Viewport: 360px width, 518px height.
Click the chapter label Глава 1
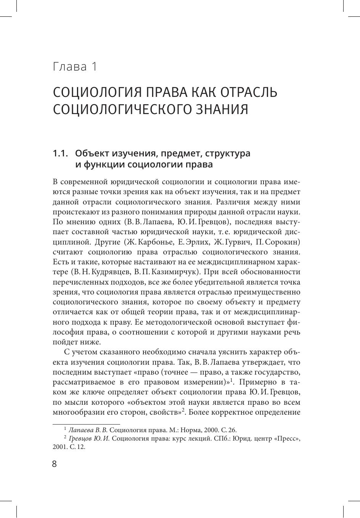pyautogui.click(x=75, y=67)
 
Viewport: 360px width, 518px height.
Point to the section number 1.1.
pyautogui.click(x=60, y=153)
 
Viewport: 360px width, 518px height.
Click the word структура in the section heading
pyautogui.click(x=228, y=153)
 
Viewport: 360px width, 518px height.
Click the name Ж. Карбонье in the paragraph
pyautogui.click(x=153, y=242)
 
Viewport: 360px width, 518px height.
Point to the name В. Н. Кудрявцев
pyautogui.click(x=100, y=272)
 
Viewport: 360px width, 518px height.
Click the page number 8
pyautogui.click(x=55, y=464)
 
